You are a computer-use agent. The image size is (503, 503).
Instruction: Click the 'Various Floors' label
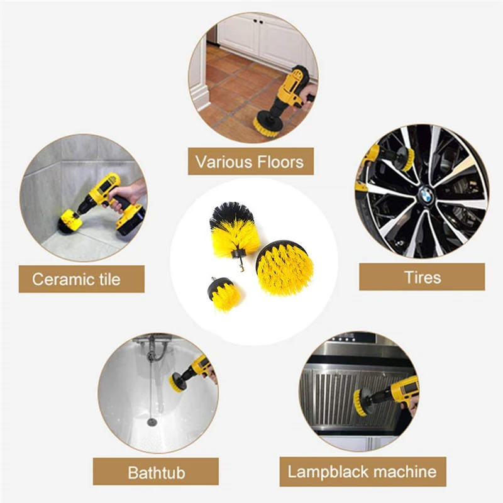pos(250,162)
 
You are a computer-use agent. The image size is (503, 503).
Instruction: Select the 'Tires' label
pos(422,277)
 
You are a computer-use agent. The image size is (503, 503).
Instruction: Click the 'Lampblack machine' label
pos(362,471)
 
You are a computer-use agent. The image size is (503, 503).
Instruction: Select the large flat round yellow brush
pos(284,268)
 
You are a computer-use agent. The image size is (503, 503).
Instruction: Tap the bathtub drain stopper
pos(152,421)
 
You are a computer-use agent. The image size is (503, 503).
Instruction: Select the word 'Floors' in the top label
pos(280,162)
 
